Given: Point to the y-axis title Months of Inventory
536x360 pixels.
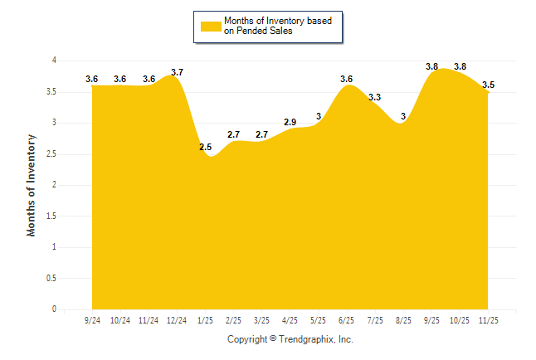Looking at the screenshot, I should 32,185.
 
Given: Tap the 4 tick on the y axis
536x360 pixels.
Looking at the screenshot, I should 54,61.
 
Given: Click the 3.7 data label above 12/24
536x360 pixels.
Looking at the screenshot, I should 177,73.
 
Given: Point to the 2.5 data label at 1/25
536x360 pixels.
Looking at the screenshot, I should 206,148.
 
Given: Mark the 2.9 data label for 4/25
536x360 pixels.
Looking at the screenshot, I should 290,123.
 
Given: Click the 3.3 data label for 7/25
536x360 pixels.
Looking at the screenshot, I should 375,98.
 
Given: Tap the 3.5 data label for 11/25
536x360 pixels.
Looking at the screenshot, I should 489,85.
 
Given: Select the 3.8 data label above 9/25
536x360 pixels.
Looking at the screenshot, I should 432,66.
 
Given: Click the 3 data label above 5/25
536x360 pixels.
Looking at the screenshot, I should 319,116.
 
